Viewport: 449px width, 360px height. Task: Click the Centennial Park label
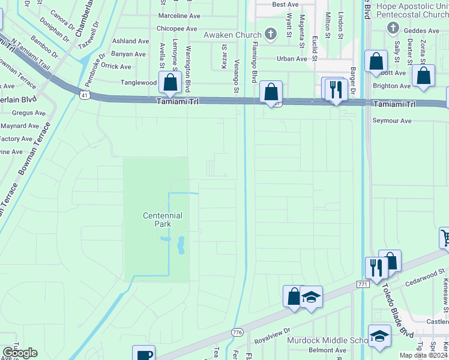coord(162,220)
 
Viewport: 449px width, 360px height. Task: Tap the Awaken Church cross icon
coord(271,34)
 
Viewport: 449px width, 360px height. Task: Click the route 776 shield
coord(237,332)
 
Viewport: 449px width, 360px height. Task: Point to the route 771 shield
coord(363,284)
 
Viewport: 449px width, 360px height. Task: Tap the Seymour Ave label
coord(393,121)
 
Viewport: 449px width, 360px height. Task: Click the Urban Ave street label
coord(292,59)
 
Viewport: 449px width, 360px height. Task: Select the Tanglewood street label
coord(139,82)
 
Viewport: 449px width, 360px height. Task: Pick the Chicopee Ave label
coord(176,28)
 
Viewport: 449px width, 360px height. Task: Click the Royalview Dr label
coord(273,331)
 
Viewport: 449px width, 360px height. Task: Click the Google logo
coord(20,353)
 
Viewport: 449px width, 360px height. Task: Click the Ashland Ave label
coord(130,41)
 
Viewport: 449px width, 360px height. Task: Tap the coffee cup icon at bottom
coord(144,354)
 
